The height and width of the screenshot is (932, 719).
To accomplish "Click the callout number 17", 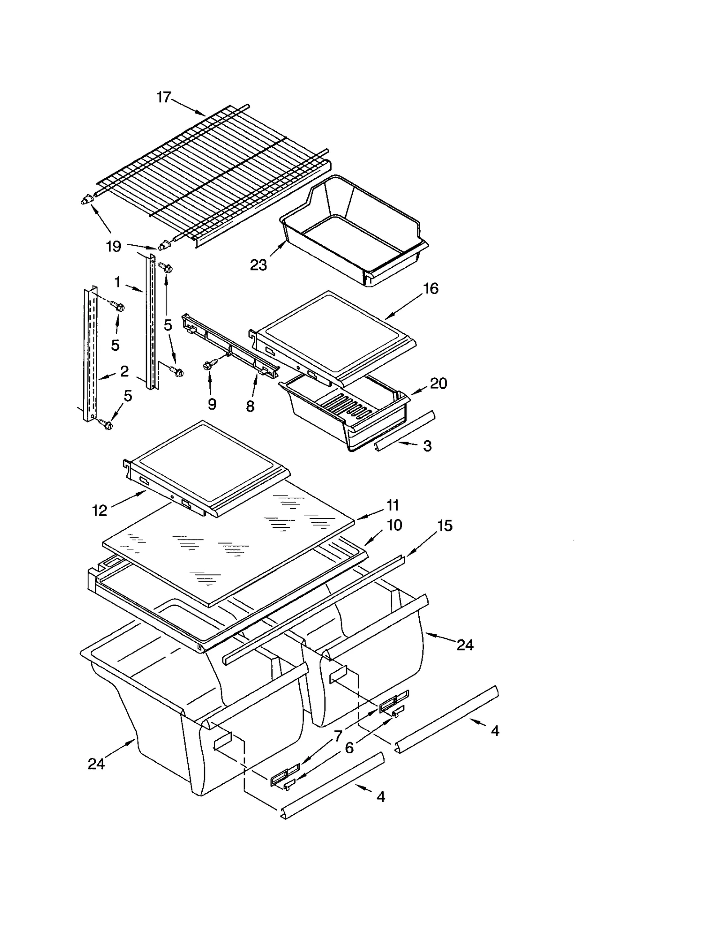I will point(164,97).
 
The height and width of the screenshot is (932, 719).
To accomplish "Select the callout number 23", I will point(258,265).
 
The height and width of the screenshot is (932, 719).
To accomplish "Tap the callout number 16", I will point(431,288).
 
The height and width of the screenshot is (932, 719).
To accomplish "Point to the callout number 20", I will point(438,384).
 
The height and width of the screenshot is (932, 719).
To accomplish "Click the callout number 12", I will point(100,510).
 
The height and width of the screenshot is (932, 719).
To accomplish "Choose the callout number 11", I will point(393,505).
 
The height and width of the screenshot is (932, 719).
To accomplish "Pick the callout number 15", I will point(444,526).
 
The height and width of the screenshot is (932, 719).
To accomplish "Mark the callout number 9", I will point(212,404).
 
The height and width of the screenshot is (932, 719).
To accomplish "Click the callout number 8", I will point(250,406).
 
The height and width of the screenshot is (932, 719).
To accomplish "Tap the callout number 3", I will point(427,446).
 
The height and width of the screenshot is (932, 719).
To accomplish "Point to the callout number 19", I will point(114,246).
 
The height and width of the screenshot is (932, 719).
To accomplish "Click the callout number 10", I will point(394,525).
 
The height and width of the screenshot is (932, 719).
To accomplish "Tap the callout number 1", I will point(117,283).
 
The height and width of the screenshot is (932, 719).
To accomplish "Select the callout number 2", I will point(124,371).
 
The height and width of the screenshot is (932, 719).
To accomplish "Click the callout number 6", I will point(349,748).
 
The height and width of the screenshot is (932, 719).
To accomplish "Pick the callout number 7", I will point(338,736).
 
